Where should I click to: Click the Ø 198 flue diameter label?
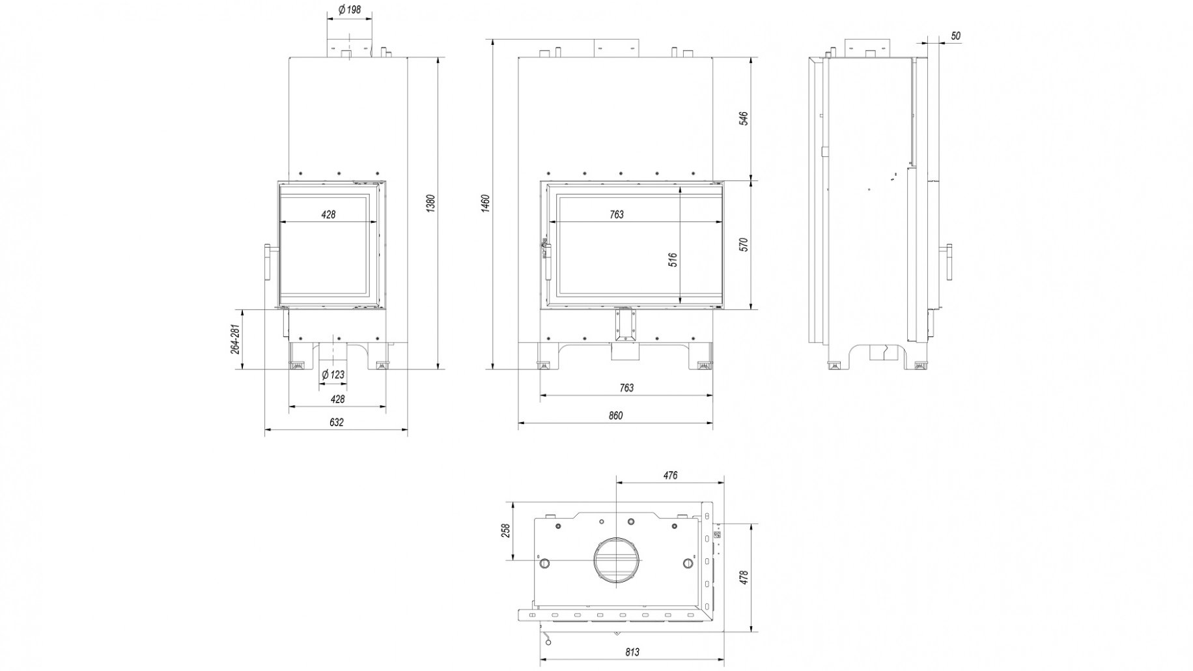coord(350,10)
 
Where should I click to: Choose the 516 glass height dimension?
coord(673,259)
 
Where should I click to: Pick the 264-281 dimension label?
coord(236,339)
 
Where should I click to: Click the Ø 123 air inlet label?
coord(333,375)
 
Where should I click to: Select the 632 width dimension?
coord(336,422)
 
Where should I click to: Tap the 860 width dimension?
coord(615,416)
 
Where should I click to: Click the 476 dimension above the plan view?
coord(670,476)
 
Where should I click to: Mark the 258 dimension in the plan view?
coord(505,531)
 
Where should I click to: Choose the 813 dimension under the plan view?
coord(632,652)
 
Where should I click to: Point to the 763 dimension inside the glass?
coord(616,214)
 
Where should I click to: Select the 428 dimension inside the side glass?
coord(328,214)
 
